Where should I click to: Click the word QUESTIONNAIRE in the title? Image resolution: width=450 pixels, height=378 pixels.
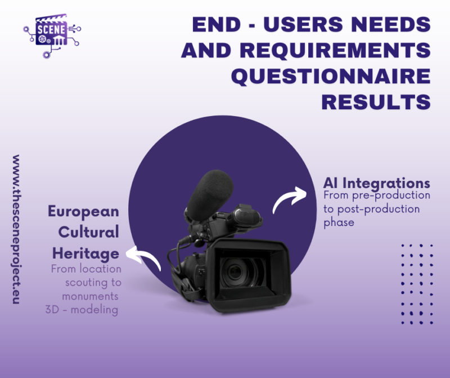click(x=331, y=76)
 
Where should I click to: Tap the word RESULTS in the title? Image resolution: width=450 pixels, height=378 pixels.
click(x=376, y=102)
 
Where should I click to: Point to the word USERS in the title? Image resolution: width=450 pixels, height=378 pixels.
click(x=303, y=24)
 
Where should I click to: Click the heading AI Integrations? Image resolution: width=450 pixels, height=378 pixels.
click(x=376, y=183)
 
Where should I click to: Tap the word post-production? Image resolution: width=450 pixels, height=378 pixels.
click(x=379, y=209)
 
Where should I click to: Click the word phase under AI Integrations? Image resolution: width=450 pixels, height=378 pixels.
click(x=339, y=223)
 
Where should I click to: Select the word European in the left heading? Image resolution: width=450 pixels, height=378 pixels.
click(x=83, y=212)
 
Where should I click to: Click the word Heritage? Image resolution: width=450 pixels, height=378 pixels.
click(x=86, y=254)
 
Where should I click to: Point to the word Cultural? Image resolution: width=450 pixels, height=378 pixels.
click(x=89, y=232)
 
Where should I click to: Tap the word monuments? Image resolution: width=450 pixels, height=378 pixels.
click(x=90, y=296)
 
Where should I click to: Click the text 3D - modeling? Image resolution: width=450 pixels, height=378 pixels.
click(x=82, y=310)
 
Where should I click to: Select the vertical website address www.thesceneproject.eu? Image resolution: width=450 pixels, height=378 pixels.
click(x=16, y=229)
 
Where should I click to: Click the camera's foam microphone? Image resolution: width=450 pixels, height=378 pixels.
click(x=209, y=194)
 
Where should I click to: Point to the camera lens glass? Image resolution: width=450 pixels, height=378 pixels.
click(x=236, y=272)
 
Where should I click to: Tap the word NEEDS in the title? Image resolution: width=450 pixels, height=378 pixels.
click(x=391, y=24)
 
